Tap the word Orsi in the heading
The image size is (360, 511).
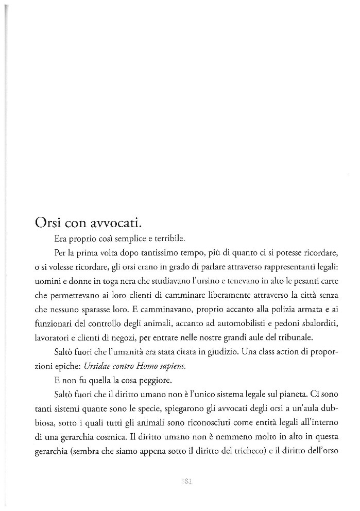(48, 224)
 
